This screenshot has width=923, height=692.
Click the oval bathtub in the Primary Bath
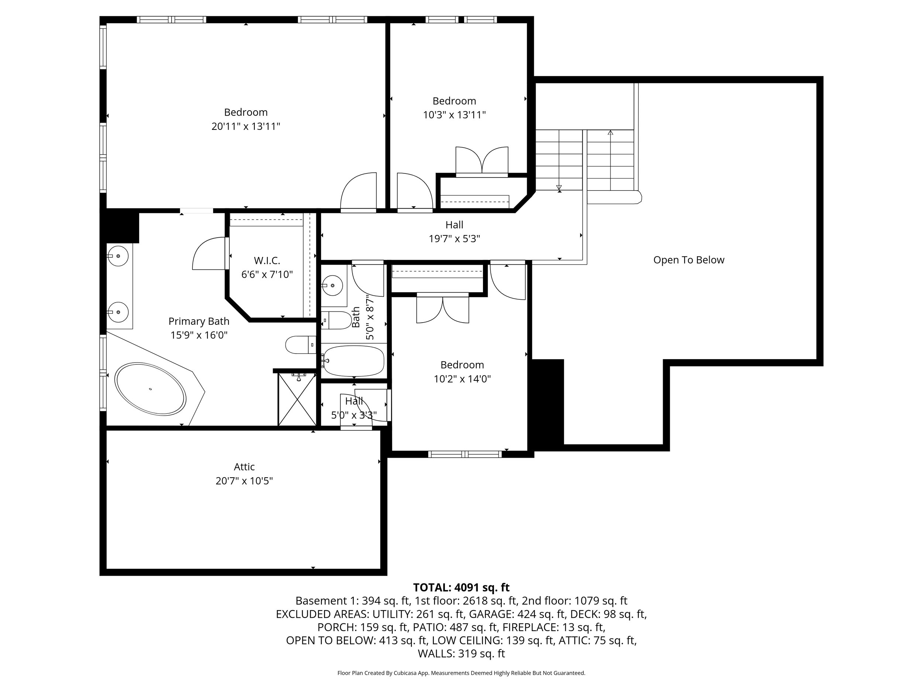150,389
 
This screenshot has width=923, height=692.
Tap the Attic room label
244,467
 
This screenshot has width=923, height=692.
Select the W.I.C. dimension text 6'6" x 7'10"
267,275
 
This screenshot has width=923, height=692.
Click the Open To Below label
689,260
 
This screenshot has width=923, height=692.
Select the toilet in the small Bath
337,320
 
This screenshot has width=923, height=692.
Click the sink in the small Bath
332,285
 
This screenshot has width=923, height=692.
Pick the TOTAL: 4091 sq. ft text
461,587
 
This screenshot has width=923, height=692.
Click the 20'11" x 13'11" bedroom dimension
246,126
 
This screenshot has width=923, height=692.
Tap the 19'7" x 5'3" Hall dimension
454,238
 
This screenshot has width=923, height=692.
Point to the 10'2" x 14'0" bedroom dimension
462,379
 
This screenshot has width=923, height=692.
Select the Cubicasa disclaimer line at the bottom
461,673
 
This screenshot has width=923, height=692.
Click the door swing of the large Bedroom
358,192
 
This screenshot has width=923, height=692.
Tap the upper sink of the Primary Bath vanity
118,256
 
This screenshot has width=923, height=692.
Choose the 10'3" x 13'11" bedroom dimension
454,115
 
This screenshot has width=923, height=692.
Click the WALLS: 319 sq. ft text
461,653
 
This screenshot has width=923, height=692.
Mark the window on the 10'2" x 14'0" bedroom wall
465,454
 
